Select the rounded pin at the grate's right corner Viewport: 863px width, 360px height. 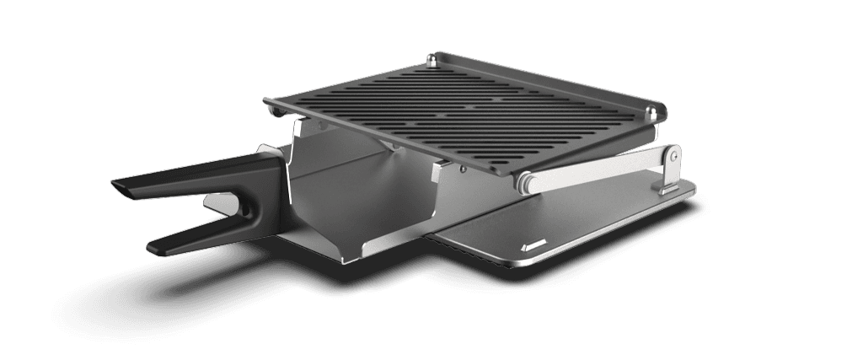(x=655, y=113)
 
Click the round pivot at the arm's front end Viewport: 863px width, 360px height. (x=524, y=180)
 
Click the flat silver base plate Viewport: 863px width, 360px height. (x=590, y=228)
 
